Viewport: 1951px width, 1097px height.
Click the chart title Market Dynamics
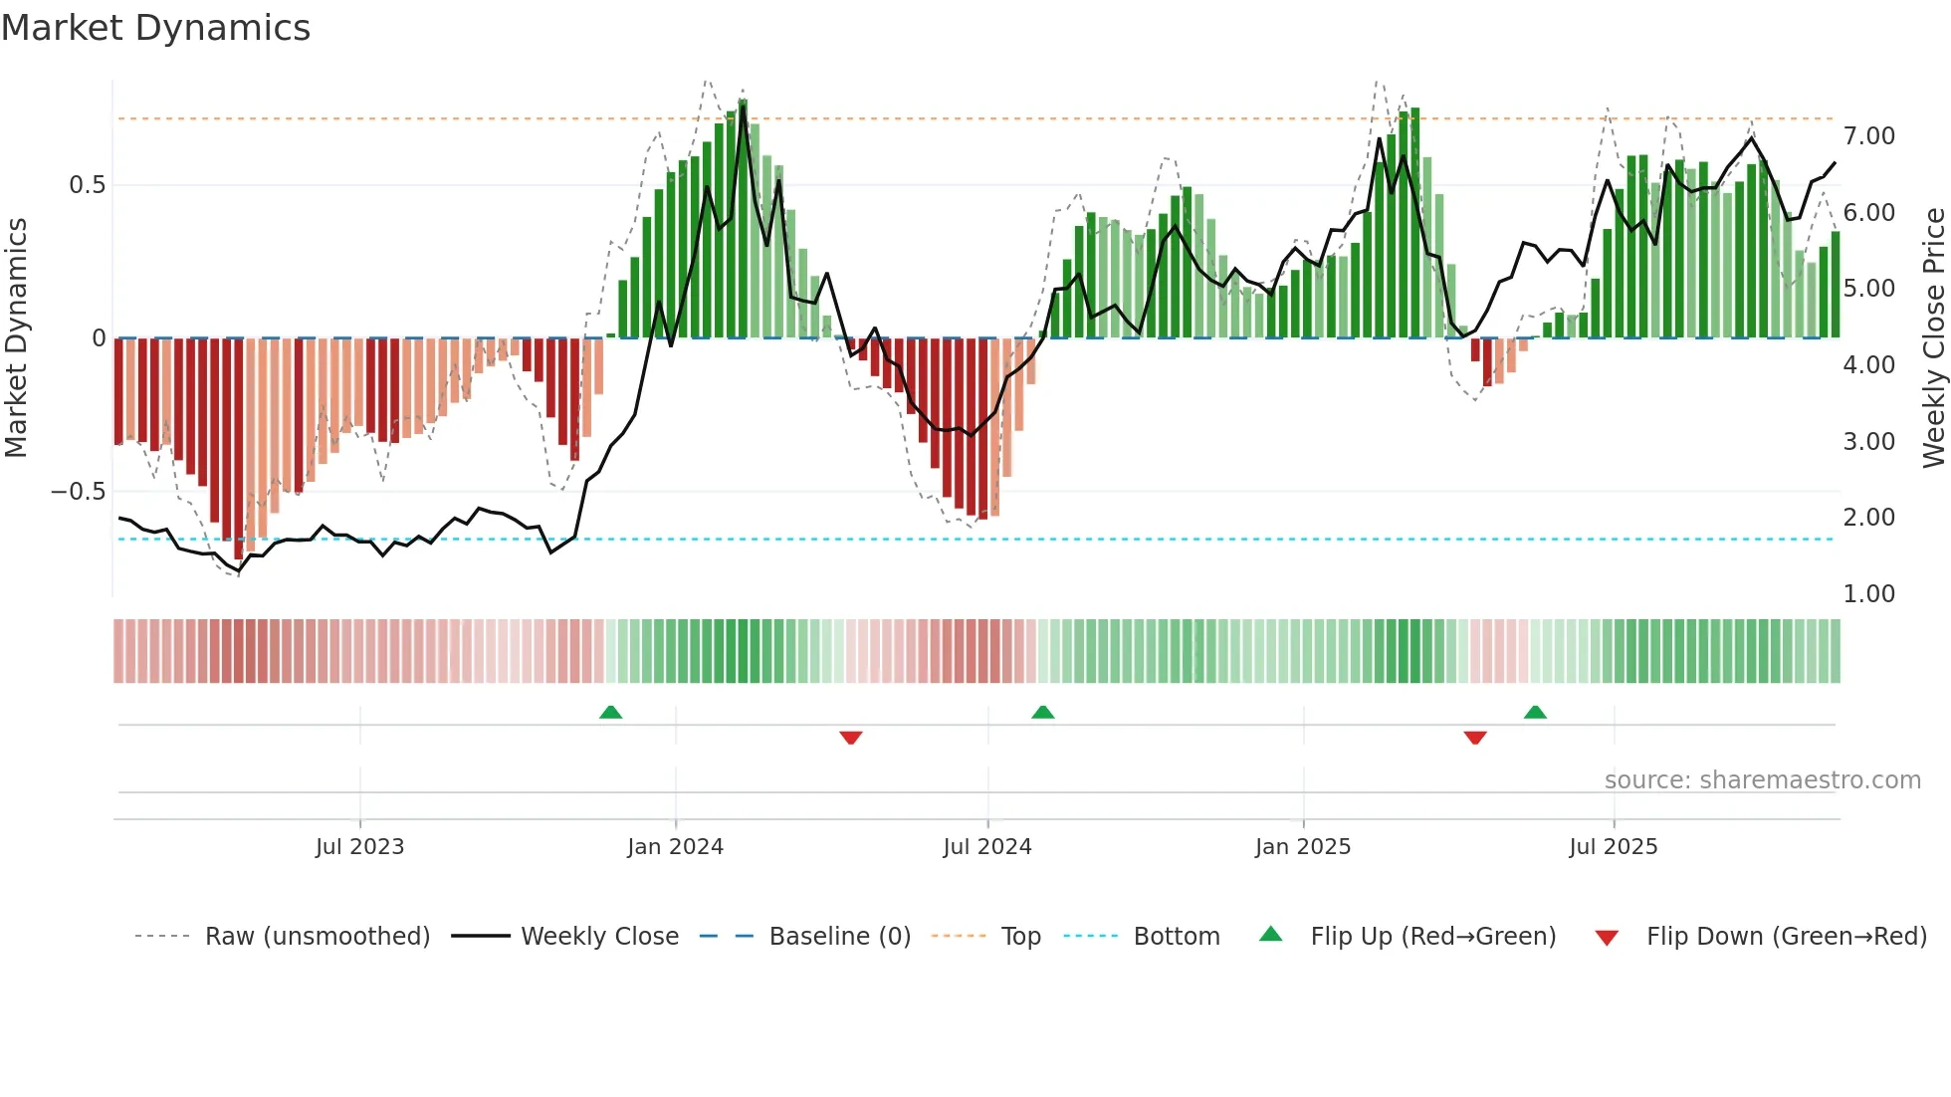click(156, 28)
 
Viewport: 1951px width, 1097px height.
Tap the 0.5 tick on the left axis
click(88, 185)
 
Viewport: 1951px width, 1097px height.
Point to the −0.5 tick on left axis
click(79, 492)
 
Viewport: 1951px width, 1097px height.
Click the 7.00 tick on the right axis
click(1868, 136)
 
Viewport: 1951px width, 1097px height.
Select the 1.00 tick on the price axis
click(1868, 594)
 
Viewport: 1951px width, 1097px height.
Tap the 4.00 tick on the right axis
click(1868, 365)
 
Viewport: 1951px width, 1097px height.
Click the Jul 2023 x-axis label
click(359, 847)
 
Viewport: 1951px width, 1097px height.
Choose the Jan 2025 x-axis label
click(1302, 847)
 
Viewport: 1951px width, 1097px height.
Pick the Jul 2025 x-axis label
click(1613, 847)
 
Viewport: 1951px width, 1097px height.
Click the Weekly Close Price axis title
click(1933, 338)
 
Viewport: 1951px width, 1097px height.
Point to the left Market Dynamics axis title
click(16, 338)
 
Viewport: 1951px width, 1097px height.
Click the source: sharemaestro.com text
click(1762, 780)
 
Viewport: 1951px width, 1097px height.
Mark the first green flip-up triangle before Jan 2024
click(610, 712)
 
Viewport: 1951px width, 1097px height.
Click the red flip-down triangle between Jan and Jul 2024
click(850, 738)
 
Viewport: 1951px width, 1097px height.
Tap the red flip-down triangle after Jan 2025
click(1475, 738)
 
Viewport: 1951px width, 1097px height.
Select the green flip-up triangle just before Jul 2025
click(1535, 712)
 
